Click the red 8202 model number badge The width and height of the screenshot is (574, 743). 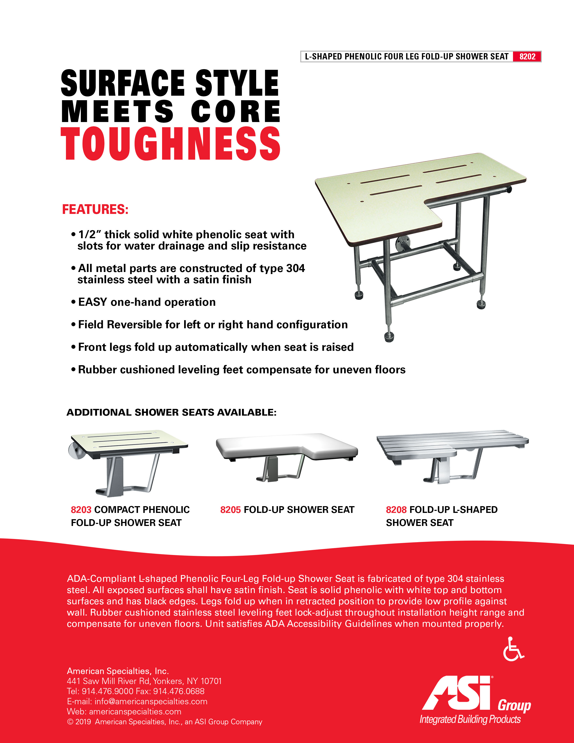[527, 57]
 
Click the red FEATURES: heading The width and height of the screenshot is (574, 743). [95, 209]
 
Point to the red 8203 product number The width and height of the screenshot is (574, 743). [81, 510]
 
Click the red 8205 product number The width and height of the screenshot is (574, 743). [230, 510]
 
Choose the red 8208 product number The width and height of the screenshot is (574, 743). [396, 510]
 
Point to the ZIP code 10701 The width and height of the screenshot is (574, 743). [211, 681]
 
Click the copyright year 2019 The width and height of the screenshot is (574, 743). [83, 722]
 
